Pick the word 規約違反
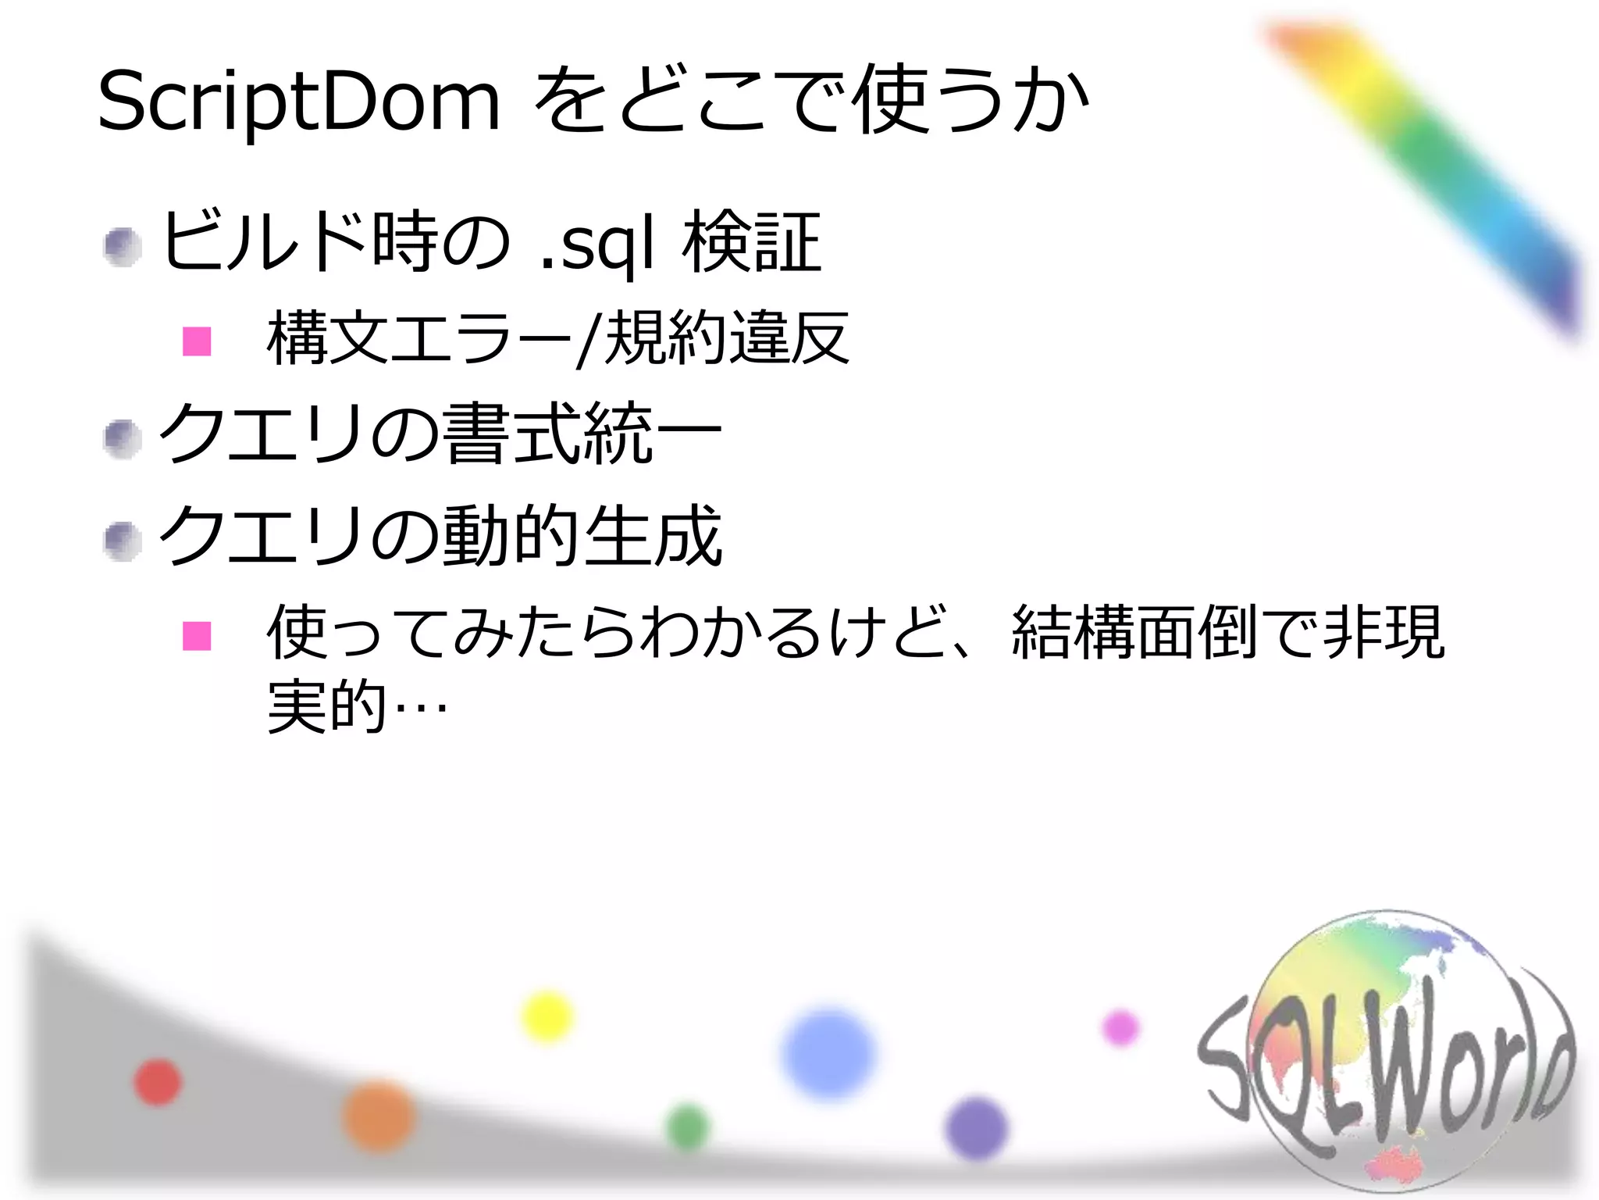(x=726, y=338)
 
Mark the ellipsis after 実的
(x=421, y=708)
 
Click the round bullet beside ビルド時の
(x=123, y=248)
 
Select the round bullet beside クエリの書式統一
(x=123, y=439)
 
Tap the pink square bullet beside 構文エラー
(x=197, y=341)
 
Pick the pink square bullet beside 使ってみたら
(x=197, y=636)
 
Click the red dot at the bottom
(x=158, y=1082)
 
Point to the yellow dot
(x=547, y=1016)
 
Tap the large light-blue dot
(x=828, y=1053)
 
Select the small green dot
(x=688, y=1127)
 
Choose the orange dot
(x=379, y=1116)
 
